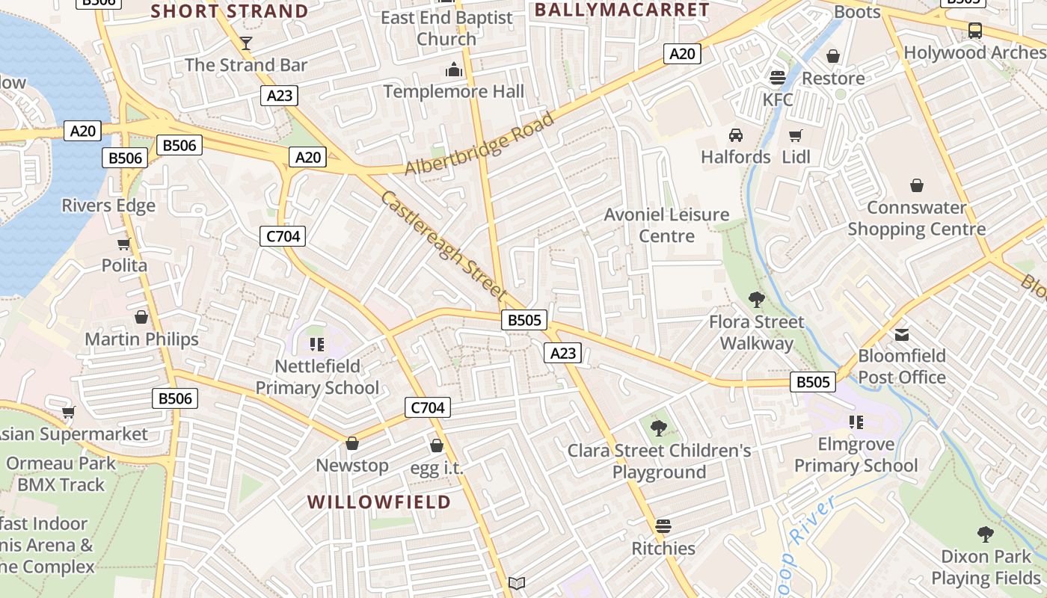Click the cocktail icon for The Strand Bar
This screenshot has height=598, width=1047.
click(x=246, y=43)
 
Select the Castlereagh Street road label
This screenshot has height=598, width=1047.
click(x=443, y=246)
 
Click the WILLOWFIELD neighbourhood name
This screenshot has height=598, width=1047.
click(x=379, y=502)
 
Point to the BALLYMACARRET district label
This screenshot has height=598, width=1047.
click(x=621, y=10)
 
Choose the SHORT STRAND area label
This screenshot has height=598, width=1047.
click(x=230, y=11)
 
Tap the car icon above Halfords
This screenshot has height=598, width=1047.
click(x=736, y=135)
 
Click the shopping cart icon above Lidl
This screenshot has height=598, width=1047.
click(x=795, y=135)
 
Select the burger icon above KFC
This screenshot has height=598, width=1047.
click(x=778, y=77)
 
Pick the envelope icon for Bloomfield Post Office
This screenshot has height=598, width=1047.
click(x=902, y=334)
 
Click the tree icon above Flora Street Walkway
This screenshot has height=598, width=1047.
click(x=756, y=300)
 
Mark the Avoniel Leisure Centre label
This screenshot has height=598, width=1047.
click(x=666, y=225)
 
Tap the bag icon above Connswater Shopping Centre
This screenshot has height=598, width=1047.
click(x=916, y=185)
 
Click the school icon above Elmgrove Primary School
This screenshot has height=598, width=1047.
click(x=856, y=422)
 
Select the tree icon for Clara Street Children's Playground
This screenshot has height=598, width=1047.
click(x=659, y=428)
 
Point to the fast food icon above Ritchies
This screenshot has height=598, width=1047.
click(x=663, y=526)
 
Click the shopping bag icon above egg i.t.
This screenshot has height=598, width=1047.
click(x=437, y=446)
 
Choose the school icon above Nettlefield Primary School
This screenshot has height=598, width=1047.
click(x=317, y=345)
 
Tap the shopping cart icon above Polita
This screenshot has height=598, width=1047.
click(x=124, y=244)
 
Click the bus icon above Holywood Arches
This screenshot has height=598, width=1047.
click(x=974, y=31)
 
